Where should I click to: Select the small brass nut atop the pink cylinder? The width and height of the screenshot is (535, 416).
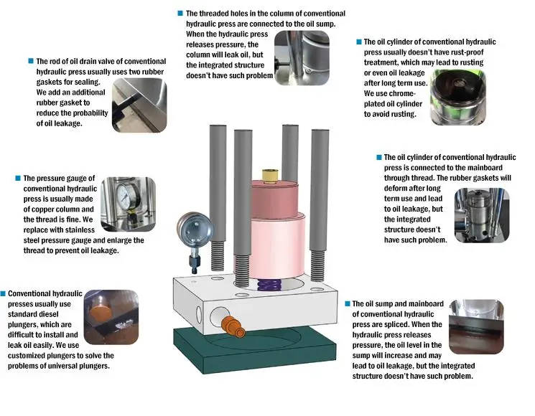pyautogui.click(x=270, y=174)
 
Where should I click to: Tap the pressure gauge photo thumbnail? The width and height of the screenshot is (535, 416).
pyautogui.click(x=129, y=204)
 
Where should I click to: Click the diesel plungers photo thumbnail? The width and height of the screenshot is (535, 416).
pyautogui.click(x=110, y=316)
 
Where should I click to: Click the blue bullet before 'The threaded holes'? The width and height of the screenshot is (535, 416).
pyautogui.click(x=180, y=14)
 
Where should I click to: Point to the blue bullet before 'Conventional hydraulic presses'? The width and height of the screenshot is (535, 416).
pyautogui.click(x=4, y=294)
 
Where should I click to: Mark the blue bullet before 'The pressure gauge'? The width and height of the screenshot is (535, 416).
pyautogui.click(x=18, y=178)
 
